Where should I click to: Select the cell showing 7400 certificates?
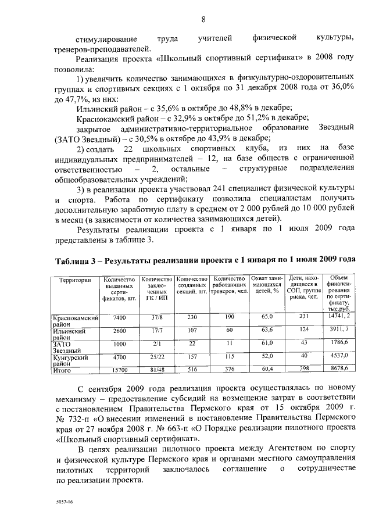[x=120, y=317]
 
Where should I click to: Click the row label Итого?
[x=62, y=369]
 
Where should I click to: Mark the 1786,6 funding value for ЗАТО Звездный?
[x=339, y=343]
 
